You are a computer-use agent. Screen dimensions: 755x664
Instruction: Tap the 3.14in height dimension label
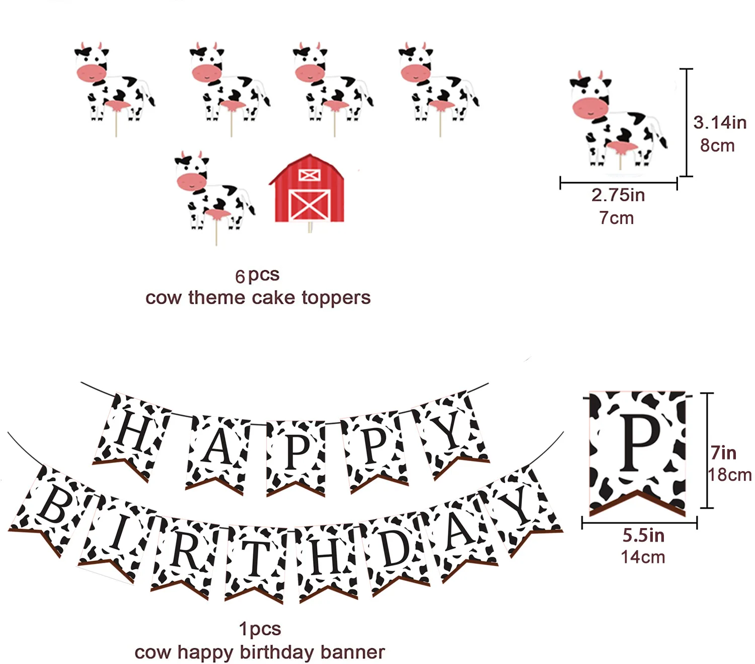coord(719,122)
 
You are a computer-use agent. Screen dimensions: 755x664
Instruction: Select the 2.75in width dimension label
coord(618,195)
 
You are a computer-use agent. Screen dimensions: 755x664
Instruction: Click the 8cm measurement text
coord(717,145)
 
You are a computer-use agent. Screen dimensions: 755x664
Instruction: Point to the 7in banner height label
coord(723,453)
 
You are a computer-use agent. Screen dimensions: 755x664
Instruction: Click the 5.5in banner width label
coord(643,536)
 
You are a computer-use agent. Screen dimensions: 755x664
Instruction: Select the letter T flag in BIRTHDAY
coord(255,561)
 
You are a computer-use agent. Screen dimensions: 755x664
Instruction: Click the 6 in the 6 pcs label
coord(240,276)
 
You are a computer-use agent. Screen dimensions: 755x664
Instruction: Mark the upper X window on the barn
coord(309,175)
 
